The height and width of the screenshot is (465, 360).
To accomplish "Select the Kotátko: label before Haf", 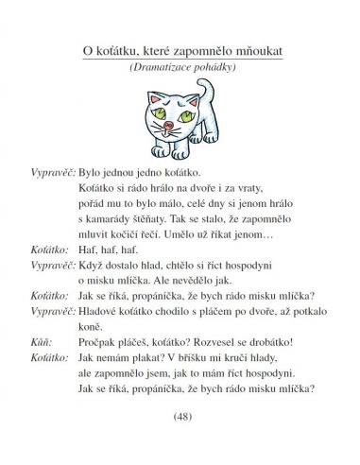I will pos(44,277).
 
